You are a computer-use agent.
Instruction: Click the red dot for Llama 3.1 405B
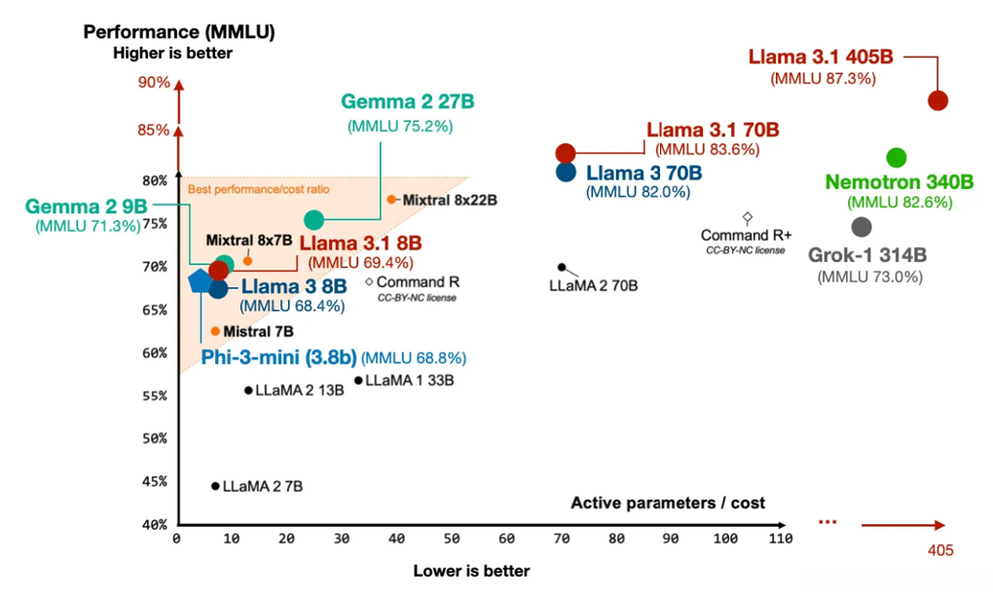click(x=938, y=100)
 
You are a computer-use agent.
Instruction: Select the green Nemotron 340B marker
click(x=897, y=158)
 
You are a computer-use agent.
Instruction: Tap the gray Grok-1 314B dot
click(x=862, y=227)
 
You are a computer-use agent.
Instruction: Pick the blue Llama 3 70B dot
click(x=566, y=172)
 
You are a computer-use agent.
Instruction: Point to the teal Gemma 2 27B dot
click(x=313, y=220)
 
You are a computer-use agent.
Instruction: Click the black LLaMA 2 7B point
click(x=215, y=486)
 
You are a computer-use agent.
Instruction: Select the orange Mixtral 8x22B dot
click(x=391, y=199)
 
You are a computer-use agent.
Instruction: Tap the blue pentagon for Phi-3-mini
click(x=200, y=281)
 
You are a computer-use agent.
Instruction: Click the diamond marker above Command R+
click(x=748, y=217)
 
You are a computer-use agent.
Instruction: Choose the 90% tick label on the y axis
click(x=154, y=83)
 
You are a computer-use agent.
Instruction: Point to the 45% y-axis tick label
click(x=154, y=481)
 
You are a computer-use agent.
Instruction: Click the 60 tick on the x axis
click(x=506, y=539)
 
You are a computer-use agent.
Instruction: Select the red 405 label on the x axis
click(x=939, y=551)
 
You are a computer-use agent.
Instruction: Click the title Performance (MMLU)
click(x=179, y=31)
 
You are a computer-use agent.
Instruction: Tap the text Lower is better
click(x=471, y=571)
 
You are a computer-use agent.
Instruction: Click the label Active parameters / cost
click(x=668, y=504)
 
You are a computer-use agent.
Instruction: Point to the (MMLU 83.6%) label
click(x=708, y=150)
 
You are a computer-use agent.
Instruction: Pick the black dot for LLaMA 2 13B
click(x=248, y=391)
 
